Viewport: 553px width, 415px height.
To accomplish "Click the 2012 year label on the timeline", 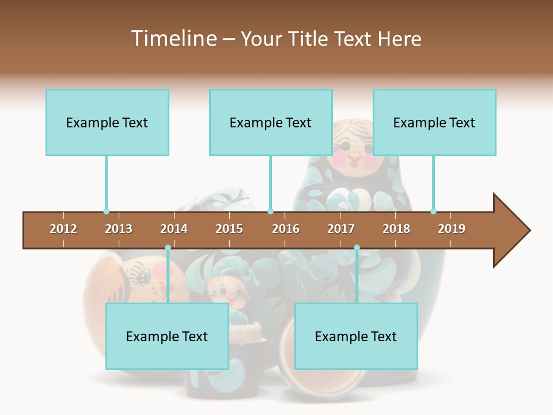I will (x=63, y=229).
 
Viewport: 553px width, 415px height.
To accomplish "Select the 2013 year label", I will (x=119, y=229).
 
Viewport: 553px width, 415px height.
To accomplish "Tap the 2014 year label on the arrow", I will (x=174, y=229).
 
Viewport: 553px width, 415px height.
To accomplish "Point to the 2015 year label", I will (x=229, y=229).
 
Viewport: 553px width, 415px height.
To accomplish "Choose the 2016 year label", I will (x=286, y=229).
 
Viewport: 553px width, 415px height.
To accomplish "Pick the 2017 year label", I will (x=341, y=229).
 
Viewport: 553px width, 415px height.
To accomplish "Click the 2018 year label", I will (x=396, y=229).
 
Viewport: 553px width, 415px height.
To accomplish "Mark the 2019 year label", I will (x=452, y=229).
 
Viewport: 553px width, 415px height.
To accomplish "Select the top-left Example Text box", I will (x=107, y=122).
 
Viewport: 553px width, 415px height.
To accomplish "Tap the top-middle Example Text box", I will (x=271, y=122).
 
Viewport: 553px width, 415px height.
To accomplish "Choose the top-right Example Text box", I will (x=434, y=122).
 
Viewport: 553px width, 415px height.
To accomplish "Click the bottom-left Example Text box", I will (x=167, y=336).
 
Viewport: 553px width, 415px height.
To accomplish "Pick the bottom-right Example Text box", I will (x=356, y=336).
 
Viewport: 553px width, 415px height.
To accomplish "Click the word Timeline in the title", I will (x=173, y=39).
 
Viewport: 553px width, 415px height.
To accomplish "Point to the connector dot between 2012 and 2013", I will (x=106, y=212).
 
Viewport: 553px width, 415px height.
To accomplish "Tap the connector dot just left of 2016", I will (x=270, y=212).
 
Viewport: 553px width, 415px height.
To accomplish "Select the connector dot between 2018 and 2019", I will (x=433, y=212).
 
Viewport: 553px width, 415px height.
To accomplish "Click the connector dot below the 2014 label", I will (x=168, y=248).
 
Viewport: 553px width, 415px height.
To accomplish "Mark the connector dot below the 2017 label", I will (x=357, y=248).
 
